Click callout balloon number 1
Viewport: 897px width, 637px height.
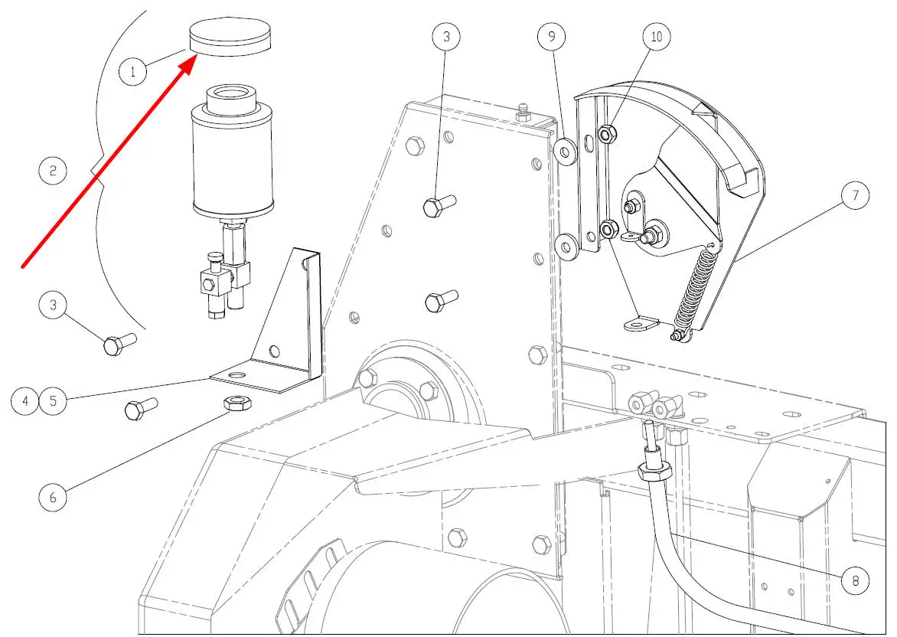tap(132, 71)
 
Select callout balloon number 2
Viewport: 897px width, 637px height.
tap(53, 171)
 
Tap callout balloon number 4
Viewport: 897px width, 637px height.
tap(25, 400)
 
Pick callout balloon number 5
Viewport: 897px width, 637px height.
tap(54, 400)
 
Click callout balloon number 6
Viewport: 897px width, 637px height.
tap(53, 497)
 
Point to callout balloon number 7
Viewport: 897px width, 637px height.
tap(855, 195)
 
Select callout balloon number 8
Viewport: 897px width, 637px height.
tap(855, 580)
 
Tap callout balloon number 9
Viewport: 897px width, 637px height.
tap(552, 37)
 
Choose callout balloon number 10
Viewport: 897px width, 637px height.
tap(657, 37)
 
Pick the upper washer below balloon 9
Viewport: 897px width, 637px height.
tap(565, 152)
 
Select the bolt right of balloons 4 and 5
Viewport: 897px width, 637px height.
tap(141, 408)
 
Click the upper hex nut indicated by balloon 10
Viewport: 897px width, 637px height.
tap(607, 134)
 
